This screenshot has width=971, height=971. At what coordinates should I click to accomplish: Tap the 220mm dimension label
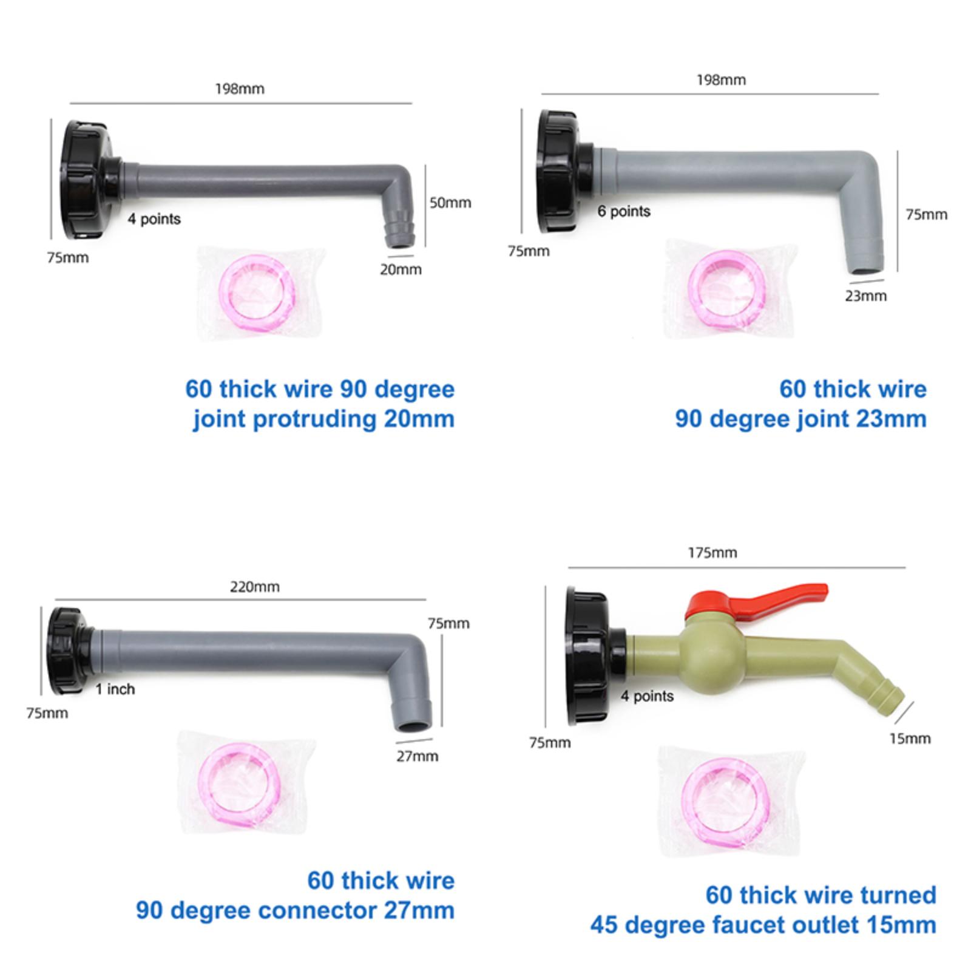coord(255,587)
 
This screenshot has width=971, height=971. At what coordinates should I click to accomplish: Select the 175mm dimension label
coord(712,553)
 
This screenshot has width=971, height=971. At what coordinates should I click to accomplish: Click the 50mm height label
coord(450,203)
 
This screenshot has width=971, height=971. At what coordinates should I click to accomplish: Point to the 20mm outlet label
coord(401,269)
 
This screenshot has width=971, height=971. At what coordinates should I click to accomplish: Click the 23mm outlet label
coord(866,296)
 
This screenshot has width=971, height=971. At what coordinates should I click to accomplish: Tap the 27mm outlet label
coord(418,756)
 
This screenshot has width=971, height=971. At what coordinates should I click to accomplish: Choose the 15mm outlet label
coord(910,739)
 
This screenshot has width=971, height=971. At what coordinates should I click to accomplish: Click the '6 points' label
coord(624,211)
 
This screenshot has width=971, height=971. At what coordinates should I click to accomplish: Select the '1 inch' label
coord(115,689)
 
